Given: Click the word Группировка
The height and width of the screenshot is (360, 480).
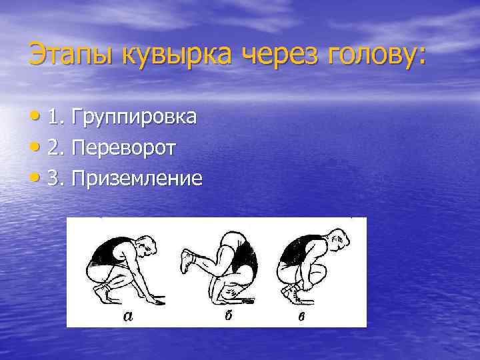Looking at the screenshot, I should (134, 118).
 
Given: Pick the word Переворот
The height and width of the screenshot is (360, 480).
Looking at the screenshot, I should (124, 148).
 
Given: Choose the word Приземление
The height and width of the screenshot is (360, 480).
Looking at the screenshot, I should (136, 179).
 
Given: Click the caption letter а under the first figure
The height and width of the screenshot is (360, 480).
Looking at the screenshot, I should (128, 317).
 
